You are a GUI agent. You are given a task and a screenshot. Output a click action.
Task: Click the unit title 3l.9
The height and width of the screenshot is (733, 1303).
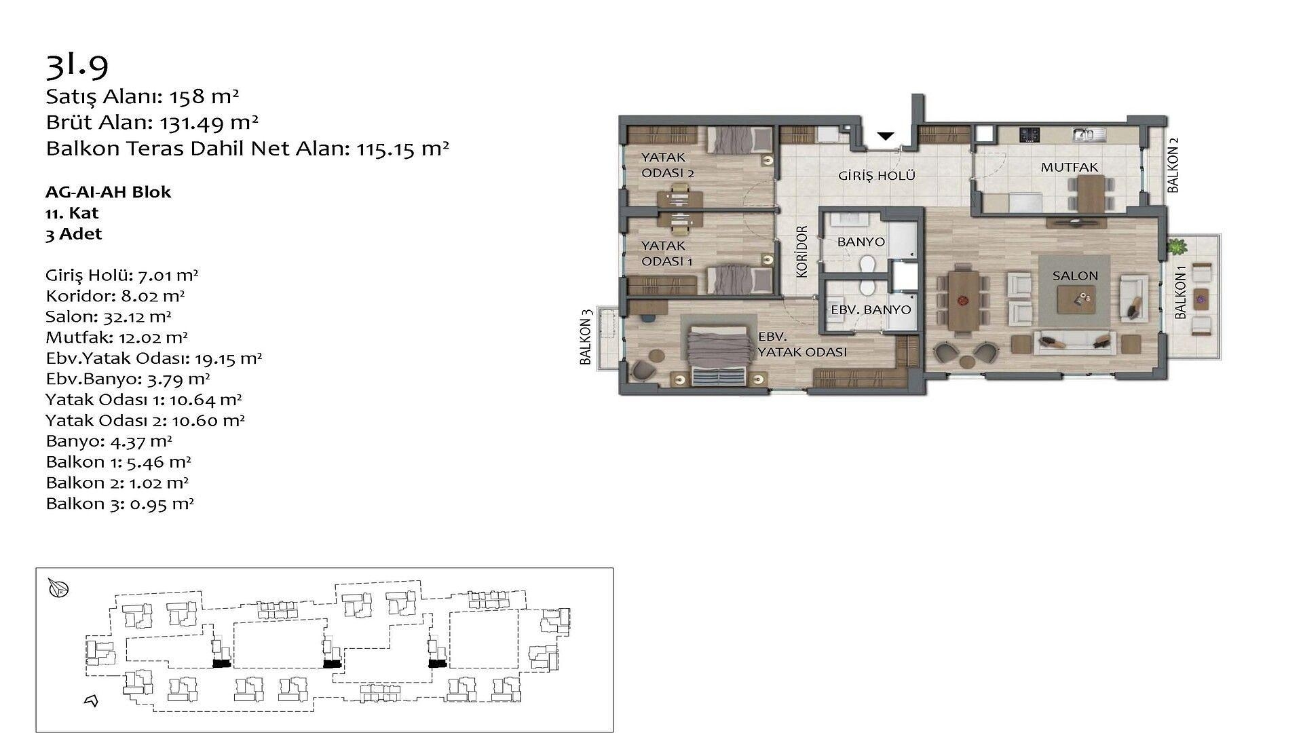coord(77,64)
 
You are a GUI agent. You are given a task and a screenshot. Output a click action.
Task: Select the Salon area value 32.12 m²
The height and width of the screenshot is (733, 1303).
coord(137,316)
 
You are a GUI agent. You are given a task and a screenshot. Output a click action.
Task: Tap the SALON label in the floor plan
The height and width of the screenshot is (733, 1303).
coord(1075,276)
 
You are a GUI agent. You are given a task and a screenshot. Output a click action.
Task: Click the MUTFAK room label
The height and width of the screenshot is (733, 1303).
coord(1069,167)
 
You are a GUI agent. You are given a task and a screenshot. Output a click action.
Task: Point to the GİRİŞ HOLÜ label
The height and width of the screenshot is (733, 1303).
coord(877,176)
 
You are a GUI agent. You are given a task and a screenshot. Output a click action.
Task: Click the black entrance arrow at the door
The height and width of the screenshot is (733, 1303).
coord(885,136)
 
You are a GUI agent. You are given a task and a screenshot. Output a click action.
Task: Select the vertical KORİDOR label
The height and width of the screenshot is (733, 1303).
coord(802,251)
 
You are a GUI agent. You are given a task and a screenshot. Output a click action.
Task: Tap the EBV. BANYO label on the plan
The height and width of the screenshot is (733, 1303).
coord(871,310)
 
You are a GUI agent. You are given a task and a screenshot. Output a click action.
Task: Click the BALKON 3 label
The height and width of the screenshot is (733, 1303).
coord(586,337)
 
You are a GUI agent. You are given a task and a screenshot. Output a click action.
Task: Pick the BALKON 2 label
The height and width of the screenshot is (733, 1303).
coord(1173,165)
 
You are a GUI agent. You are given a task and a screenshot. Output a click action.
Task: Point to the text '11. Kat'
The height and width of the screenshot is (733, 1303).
coord(72,213)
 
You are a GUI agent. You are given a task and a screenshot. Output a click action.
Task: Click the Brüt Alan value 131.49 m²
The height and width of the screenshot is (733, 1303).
coord(209,122)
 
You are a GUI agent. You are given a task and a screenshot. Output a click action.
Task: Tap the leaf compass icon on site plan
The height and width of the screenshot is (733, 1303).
coord(59,588)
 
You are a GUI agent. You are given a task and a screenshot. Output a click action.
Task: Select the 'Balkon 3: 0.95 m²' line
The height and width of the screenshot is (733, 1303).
coord(120,504)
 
